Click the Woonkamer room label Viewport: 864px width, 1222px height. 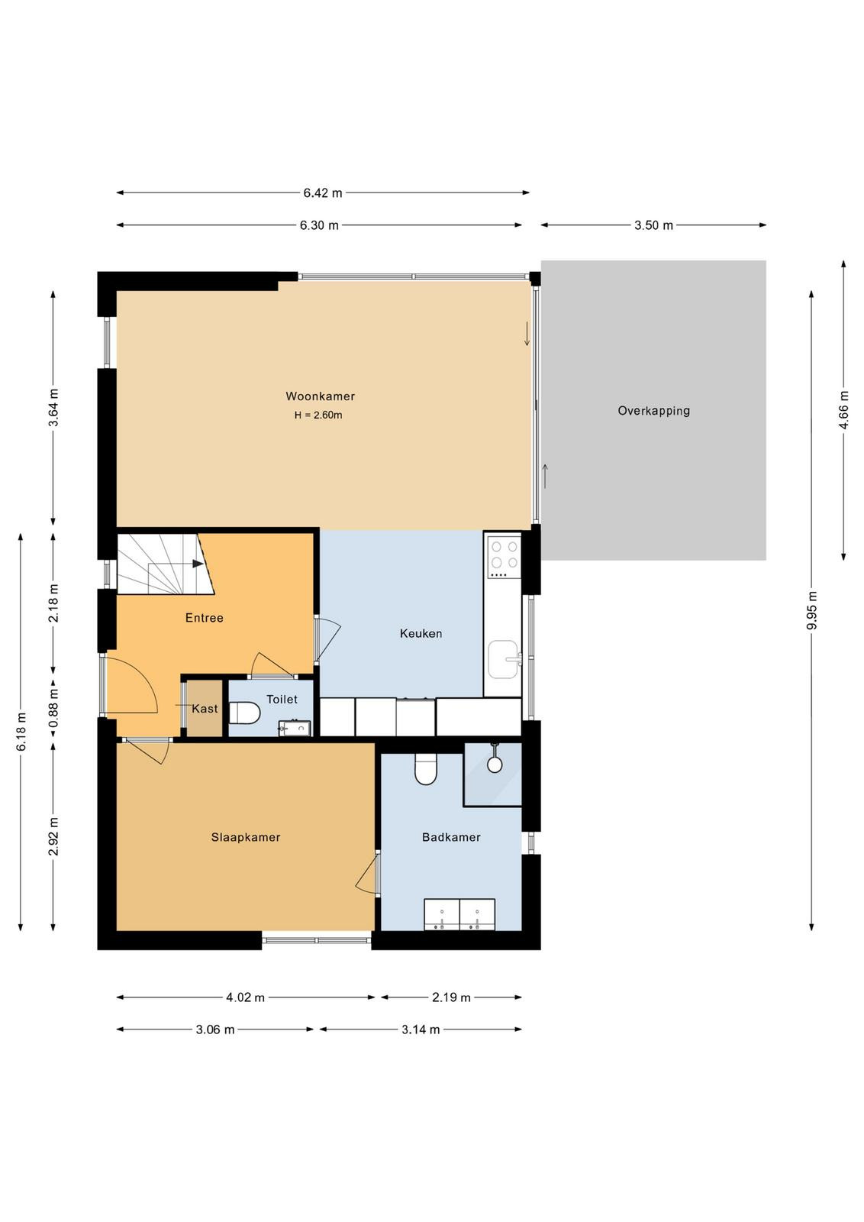coord(320,396)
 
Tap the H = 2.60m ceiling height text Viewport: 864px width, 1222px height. coord(318,415)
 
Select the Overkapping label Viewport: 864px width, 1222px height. coord(653,411)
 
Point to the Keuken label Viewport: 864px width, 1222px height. coord(421,633)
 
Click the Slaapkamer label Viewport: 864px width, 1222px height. coord(246,837)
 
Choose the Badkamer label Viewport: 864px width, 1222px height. coord(451,837)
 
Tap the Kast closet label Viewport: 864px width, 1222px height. coord(205,709)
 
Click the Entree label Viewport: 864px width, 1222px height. coord(205,618)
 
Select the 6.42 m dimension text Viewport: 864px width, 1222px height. coord(323,192)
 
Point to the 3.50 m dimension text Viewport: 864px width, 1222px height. coord(653,225)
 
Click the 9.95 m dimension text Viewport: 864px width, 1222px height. coord(811,610)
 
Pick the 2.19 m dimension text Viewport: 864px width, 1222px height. coord(451,997)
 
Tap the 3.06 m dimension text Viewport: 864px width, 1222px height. coord(215,1030)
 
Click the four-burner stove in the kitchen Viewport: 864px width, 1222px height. coord(505,557)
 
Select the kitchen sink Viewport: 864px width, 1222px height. coord(503,660)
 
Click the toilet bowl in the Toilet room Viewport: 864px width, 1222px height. coord(244,713)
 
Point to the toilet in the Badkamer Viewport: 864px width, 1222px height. coord(426,768)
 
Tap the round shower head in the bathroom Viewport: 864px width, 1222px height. coord(495,765)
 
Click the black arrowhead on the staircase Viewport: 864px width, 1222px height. coord(198,564)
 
